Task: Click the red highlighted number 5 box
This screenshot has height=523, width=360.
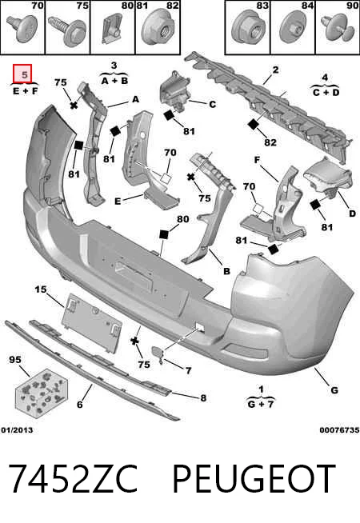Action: [x=22, y=74]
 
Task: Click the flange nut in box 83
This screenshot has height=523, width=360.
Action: [x=247, y=29]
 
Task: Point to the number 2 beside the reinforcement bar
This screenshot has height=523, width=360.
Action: [x=275, y=70]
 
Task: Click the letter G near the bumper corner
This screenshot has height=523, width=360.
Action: [x=334, y=390]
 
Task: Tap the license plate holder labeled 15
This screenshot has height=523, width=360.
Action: [x=93, y=322]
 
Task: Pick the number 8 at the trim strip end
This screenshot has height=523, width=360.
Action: [x=203, y=398]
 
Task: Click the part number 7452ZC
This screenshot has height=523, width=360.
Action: [x=73, y=479]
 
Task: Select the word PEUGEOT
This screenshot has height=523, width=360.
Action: [x=254, y=479]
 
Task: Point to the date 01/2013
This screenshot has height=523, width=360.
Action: [x=17, y=430]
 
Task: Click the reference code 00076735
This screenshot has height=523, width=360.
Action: [x=340, y=430]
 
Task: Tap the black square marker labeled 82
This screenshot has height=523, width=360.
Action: [x=254, y=125]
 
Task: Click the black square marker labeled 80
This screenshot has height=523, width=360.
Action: [x=163, y=234]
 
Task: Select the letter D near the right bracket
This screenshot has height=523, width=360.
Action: [x=352, y=214]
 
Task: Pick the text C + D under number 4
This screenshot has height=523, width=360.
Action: [x=326, y=92]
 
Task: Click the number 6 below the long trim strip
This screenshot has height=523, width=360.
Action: [x=79, y=405]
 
